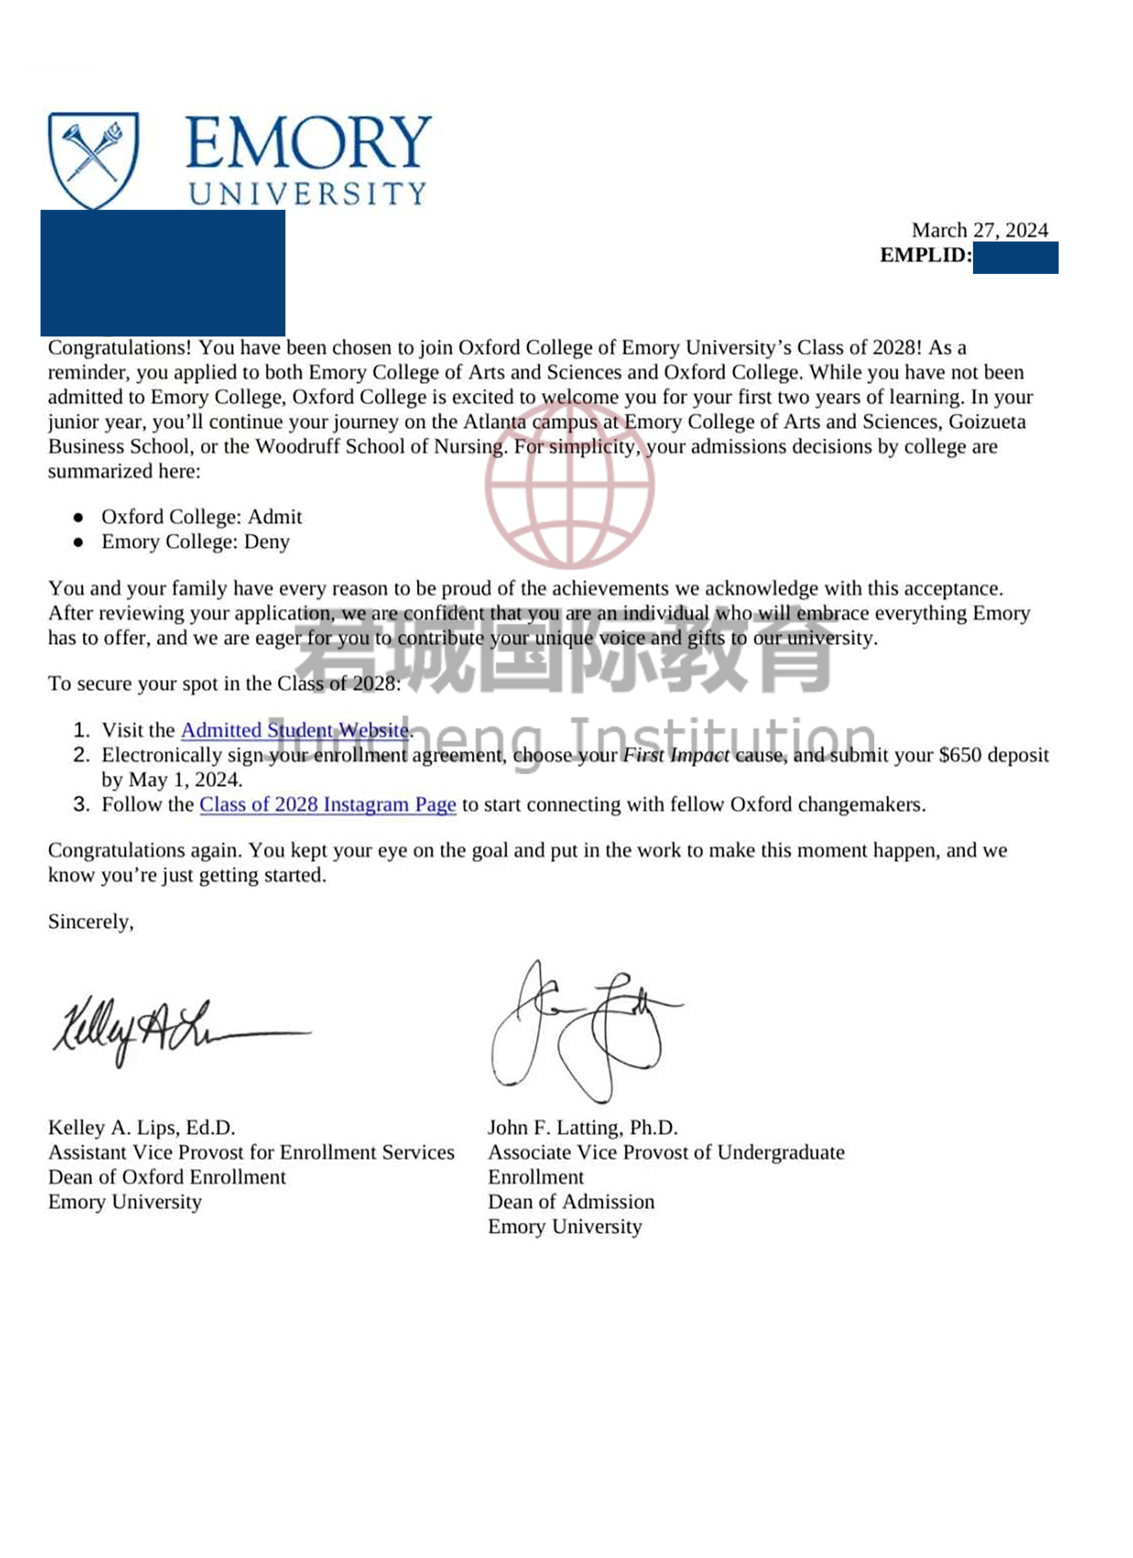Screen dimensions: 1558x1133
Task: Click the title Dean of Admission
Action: coord(571,1201)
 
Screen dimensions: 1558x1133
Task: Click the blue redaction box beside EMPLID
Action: coord(1015,258)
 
